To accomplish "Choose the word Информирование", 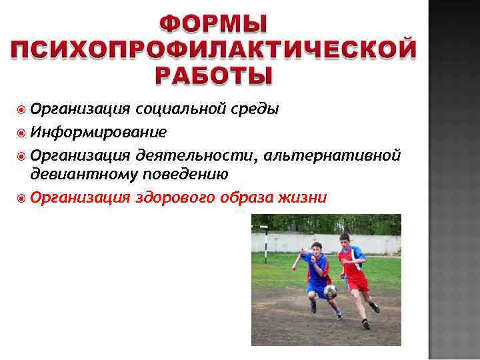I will pos(98,131).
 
